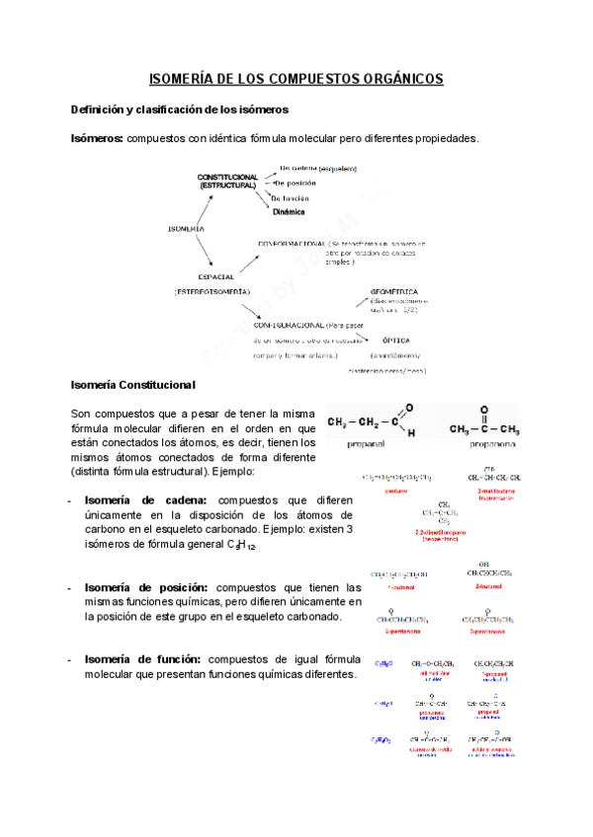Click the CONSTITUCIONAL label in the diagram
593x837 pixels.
(x=227, y=177)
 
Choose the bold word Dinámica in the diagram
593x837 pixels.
(x=289, y=211)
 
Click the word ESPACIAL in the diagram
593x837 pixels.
(x=215, y=276)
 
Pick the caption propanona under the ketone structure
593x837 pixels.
(x=484, y=445)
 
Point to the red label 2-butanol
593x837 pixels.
(x=490, y=584)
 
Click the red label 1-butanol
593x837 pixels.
(x=394, y=584)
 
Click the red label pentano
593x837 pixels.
(x=395, y=489)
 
